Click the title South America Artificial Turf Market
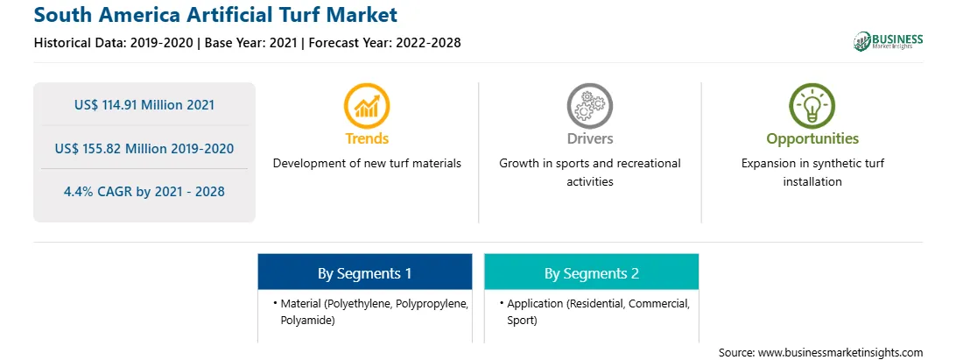coord(216,15)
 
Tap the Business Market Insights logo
coord(888,41)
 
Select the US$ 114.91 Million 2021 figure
coord(144,105)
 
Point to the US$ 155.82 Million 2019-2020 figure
coord(144,148)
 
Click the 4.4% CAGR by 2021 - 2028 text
coord(144,192)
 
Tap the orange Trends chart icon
coord(367,106)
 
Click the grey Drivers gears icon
coord(589,106)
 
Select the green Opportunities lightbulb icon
coord(812,106)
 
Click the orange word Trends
coord(367,138)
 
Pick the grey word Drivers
coord(589,138)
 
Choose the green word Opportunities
coord(812,139)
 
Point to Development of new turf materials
coord(367,164)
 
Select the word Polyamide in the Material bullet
coord(308,321)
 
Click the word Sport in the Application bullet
coord(522,321)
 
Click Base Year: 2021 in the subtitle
coord(251,43)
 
